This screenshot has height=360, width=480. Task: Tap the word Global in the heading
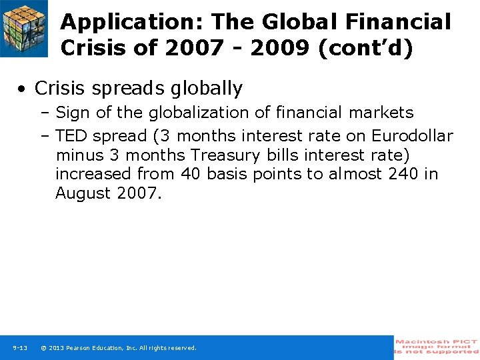pos(297,22)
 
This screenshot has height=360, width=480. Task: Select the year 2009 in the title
pos(281,48)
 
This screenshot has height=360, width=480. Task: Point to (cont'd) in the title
pos(367,48)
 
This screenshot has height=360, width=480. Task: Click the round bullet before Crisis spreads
pos(23,89)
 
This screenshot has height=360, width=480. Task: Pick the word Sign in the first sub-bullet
pos(74,113)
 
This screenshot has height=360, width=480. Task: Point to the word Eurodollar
pos(412,136)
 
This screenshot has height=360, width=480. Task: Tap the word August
pos(83,193)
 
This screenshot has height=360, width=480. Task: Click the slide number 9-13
pos(20,348)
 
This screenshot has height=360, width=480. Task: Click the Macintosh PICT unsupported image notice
pos(437,347)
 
